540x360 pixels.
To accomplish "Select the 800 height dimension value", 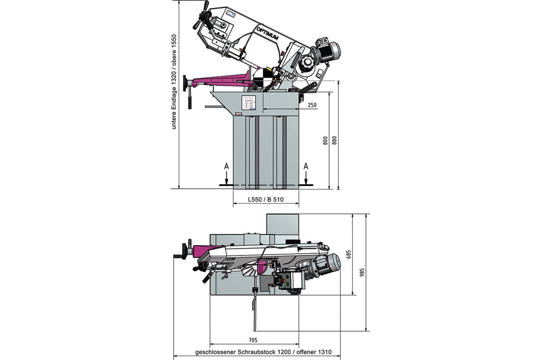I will click(324, 140).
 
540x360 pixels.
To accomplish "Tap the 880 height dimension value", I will click(334, 140).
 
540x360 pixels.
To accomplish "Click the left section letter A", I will click(227, 166).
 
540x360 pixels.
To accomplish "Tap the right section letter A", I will click(306, 166).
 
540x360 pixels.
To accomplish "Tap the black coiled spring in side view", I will click(306, 90).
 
